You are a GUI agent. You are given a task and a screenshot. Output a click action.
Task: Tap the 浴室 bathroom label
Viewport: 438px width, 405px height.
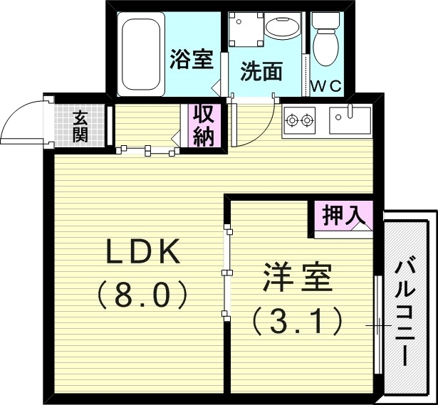192,60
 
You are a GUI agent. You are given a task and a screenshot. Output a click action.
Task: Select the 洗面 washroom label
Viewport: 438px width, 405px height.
261,71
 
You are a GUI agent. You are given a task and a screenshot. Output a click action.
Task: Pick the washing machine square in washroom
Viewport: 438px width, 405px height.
243,28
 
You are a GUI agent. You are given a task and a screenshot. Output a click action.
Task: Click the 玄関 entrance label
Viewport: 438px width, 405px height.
80,126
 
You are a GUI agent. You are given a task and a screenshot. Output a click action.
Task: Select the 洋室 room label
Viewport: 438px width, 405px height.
298,278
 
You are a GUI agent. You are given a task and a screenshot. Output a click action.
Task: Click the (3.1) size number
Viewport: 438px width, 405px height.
298,322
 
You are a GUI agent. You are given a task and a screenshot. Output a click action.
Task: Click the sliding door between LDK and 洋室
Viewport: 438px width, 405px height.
226,272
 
